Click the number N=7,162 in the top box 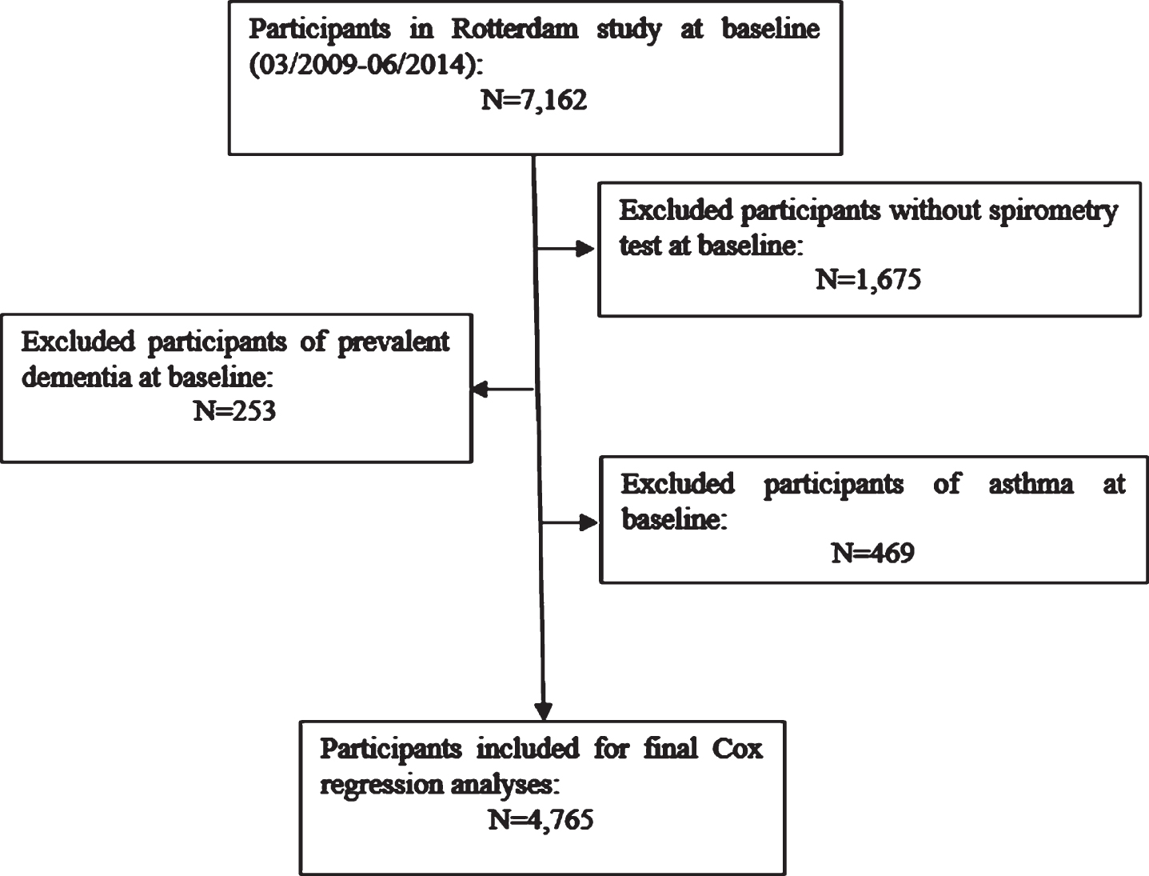coord(534,99)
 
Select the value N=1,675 coord(868,279)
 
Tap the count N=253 coord(234,410)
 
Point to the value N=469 coord(872,553)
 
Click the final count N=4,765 coord(541,819)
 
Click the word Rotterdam coord(515,29)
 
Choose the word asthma coord(1031,483)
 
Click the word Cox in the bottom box coord(737,749)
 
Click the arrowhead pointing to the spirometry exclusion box coord(585,249)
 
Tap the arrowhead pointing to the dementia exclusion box coord(480,389)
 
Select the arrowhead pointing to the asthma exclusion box coord(588,522)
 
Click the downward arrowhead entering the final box coord(544,711)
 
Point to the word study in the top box coord(628,30)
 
